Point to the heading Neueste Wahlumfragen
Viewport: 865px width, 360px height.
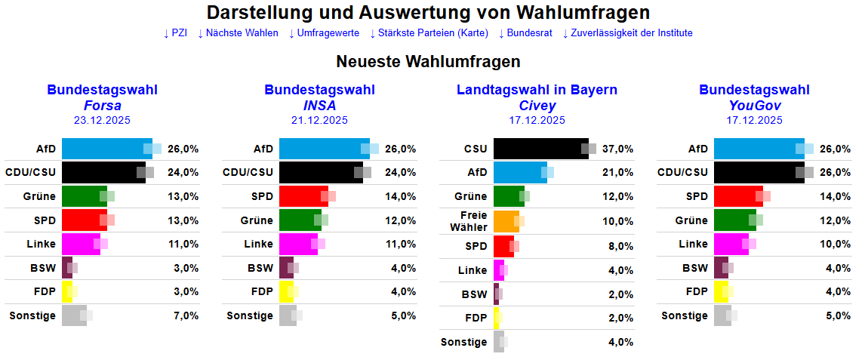tap(428, 61)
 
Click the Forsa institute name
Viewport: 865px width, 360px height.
tap(102, 106)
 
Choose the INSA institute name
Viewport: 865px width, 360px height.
tap(319, 106)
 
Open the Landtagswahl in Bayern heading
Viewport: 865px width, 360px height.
tap(537, 91)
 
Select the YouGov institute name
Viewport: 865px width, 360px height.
tap(754, 106)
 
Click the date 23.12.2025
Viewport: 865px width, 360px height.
tap(102, 120)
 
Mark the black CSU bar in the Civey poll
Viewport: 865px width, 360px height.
tap(540, 149)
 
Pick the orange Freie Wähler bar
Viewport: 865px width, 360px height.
tap(504, 221)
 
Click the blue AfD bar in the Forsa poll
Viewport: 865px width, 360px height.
tap(106, 149)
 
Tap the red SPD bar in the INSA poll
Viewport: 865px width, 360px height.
tap(303, 196)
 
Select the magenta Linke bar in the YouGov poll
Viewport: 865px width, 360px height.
tap(731, 245)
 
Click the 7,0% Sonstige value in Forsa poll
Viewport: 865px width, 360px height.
tap(186, 315)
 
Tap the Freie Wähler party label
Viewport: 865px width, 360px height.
tap(469, 221)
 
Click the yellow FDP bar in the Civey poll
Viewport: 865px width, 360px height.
tap(497, 318)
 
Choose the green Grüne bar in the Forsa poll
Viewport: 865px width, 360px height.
tap(84, 196)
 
